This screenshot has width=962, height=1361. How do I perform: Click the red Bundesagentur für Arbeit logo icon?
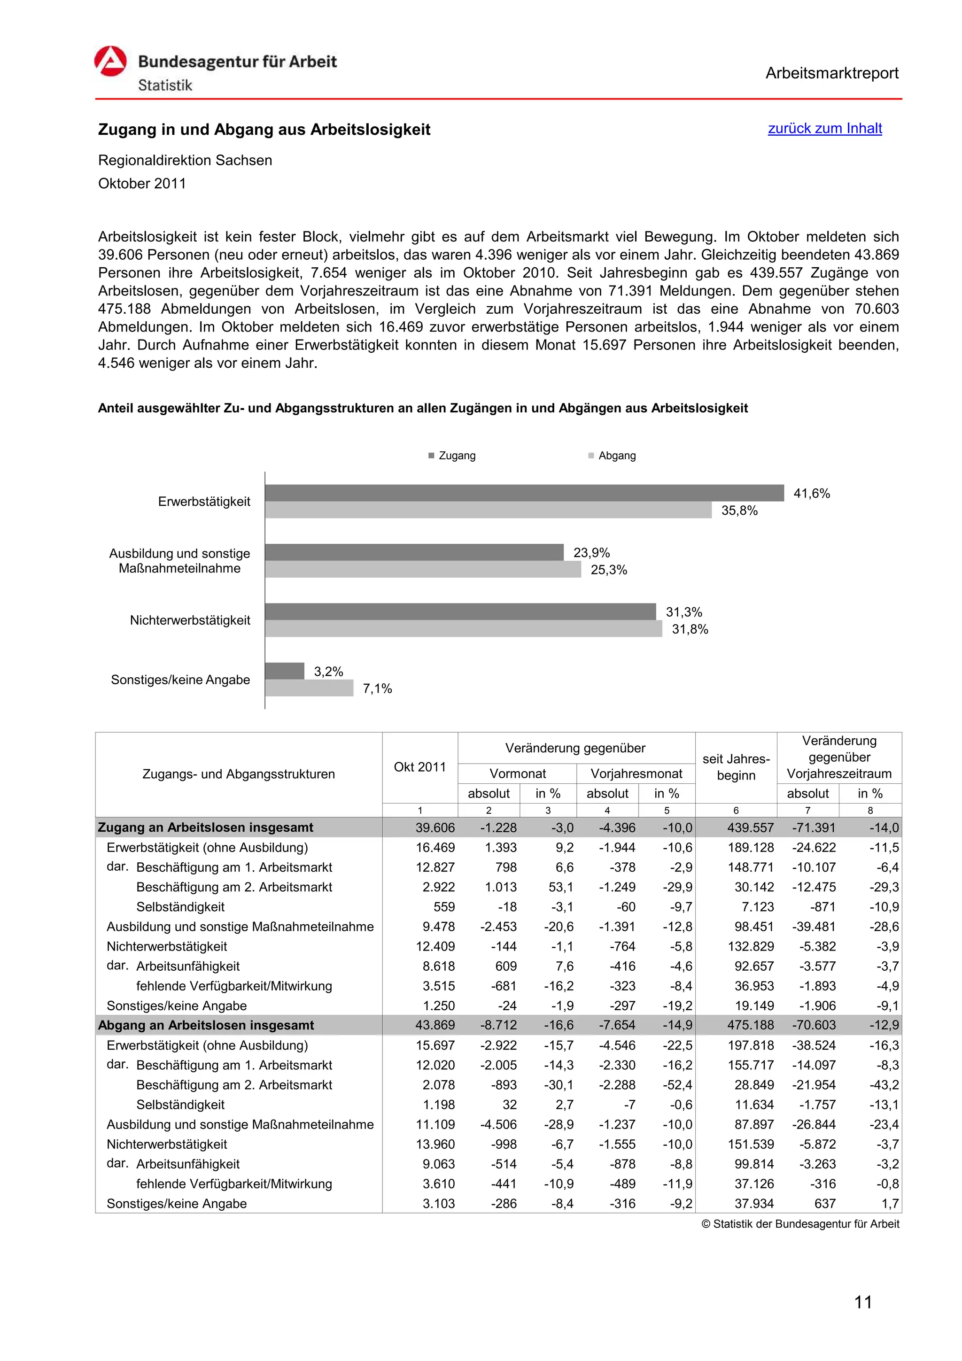point(110,62)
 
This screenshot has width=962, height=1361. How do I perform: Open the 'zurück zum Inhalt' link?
point(824,128)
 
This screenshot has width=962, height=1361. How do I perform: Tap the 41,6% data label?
point(811,493)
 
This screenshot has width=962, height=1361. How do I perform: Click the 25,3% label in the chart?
point(609,570)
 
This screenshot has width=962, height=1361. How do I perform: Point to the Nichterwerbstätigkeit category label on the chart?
point(190,620)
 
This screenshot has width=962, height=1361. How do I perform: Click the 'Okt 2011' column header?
point(419,766)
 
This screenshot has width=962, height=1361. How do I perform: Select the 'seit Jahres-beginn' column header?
point(736,766)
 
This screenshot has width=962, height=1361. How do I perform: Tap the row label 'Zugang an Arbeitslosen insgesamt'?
point(205,827)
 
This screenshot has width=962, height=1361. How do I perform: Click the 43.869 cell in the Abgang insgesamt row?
point(435,1025)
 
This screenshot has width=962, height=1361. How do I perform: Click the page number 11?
point(862,1302)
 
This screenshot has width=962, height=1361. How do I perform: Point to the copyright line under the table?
point(800,1223)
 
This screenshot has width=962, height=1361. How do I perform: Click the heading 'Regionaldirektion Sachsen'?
point(185,160)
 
